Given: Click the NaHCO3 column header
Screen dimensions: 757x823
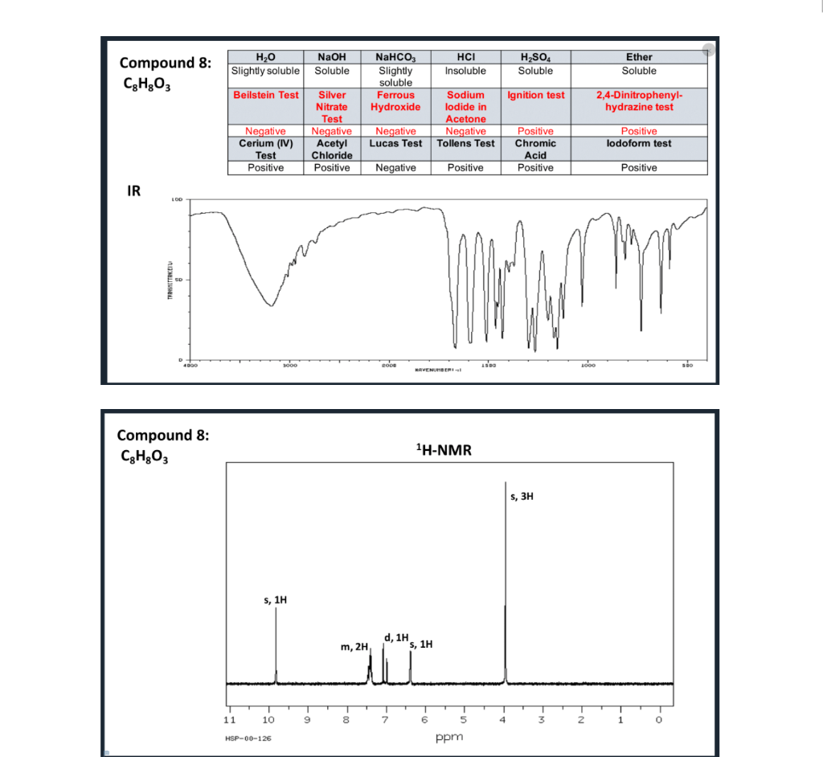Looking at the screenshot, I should pos(395,57).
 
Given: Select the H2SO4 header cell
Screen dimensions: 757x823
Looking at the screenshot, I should pos(535,57).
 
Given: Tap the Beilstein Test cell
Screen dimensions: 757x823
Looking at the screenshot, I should pos(265,95).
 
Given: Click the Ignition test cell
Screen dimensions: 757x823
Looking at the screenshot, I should pos(535,95).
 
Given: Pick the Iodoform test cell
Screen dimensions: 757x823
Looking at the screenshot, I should pos(639,144).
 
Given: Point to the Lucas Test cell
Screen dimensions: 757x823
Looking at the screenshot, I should pos(395,144).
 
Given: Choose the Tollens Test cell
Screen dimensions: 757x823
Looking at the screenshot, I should pos(465,144).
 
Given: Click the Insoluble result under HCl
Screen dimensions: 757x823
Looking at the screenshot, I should pos(465,71).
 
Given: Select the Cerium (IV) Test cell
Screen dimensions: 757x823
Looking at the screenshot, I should pos(265,149).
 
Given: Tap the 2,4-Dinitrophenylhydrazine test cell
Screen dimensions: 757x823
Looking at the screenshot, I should pos(639,100).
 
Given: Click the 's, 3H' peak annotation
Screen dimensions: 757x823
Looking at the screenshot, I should pos(522,497).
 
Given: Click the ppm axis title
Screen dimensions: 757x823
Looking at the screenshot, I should pos(444,736).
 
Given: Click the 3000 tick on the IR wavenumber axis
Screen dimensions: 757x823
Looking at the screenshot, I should pos(290,366).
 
